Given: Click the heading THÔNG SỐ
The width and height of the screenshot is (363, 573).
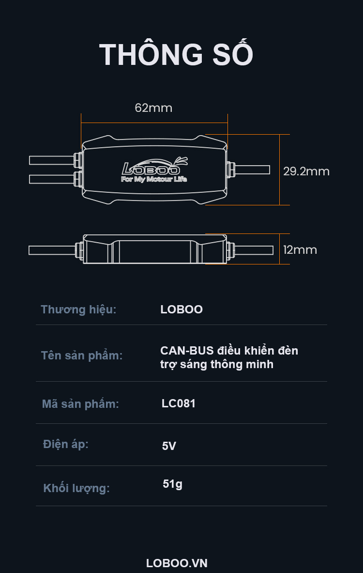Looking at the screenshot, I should pos(176,55).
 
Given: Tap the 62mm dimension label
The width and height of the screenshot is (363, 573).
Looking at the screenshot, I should pos(153,108).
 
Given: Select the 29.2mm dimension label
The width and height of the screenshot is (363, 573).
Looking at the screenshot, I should pos(306,171).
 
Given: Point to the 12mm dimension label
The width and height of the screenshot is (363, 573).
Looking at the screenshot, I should pos(300,250).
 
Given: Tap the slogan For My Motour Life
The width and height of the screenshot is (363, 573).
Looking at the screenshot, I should pos(153,179).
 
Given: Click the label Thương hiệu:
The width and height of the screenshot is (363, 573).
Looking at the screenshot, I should pos(78,310).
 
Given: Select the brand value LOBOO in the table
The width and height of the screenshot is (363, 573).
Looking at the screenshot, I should pos(181,310).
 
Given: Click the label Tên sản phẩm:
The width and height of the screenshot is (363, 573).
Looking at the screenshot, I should pos(82,356).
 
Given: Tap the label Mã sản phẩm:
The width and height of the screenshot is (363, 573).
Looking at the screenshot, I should pos(80,404).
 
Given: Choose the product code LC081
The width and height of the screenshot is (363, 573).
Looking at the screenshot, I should pos(179,403).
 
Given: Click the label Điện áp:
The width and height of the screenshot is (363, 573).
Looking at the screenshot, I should pos(66,444).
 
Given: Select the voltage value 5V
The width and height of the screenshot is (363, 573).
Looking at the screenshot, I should pos(169,446).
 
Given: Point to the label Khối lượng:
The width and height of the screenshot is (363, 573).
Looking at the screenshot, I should pos(76,488).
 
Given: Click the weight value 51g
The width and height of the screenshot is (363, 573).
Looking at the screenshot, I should pos(173,484).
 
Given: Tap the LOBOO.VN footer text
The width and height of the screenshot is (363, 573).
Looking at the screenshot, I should pos(177,563).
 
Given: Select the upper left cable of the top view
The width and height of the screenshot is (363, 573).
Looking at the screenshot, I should pos(51,160).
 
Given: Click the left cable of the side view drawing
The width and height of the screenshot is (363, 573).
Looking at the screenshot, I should pos(51,250).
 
